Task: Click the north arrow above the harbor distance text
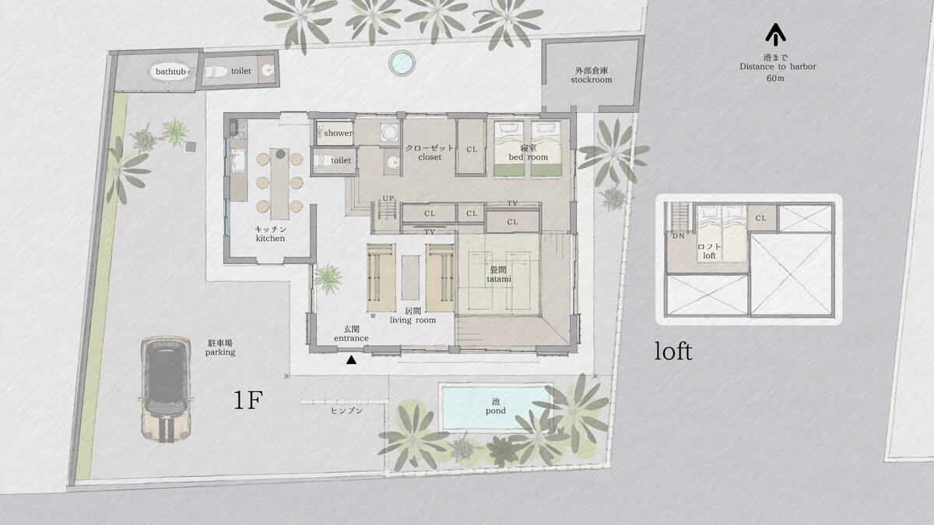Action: [775, 34]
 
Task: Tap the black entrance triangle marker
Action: [352, 360]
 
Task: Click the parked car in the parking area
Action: [167, 388]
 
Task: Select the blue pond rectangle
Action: [495, 408]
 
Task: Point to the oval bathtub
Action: [171, 72]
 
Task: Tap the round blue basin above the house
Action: [402, 63]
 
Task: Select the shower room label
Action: [338, 133]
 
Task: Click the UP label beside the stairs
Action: [388, 198]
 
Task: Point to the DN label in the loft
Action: [679, 236]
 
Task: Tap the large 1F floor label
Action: [248, 401]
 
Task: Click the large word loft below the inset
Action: [673, 352]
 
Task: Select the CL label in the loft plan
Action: [761, 219]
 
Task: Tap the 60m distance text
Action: [775, 78]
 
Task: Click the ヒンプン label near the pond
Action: [346, 411]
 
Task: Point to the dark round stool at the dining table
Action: [281, 154]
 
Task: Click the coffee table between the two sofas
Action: [410, 277]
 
